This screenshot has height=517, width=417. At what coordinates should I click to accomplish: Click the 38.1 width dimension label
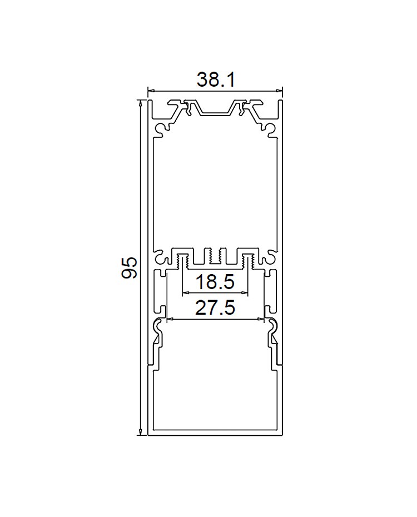point(216,80)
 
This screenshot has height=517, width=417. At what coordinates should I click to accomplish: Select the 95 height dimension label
point(130,268)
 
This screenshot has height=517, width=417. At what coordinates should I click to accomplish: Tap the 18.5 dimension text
point(215,282)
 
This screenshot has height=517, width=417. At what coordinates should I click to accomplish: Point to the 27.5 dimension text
point(215,308)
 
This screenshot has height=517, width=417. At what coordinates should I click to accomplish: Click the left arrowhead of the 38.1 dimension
point(151,91)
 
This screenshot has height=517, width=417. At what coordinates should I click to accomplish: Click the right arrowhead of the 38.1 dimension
point(280,91)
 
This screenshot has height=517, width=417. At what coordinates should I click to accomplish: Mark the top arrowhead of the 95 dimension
point(141,102)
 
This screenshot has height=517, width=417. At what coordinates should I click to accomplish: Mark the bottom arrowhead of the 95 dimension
point(141,432)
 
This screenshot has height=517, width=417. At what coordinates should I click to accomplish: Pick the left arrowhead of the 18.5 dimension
point(186,292)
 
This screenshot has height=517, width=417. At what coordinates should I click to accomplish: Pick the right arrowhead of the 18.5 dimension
point(244,292)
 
